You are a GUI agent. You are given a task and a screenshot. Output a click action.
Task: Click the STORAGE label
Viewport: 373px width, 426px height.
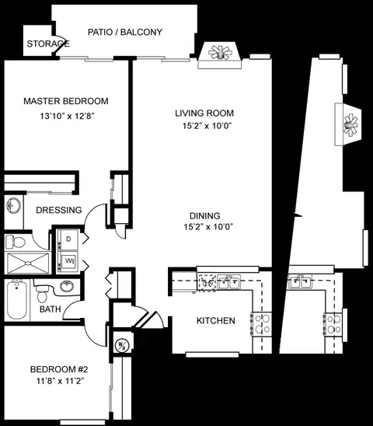point(48,44)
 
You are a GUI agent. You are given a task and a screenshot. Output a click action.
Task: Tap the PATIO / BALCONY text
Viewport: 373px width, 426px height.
point(125,32)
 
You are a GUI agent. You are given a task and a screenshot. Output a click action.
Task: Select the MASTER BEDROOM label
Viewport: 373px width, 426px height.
point(66,101)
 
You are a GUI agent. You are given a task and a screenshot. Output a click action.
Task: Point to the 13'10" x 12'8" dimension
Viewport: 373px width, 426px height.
point(67,116)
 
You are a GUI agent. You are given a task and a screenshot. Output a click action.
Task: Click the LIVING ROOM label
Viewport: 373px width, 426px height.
point(204,113)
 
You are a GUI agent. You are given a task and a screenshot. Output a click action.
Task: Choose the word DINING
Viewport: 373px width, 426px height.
point(205,215)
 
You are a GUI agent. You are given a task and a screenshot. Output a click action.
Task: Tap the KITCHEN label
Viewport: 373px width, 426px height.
point(216,320)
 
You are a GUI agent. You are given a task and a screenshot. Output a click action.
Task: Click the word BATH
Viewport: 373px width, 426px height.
point(51,309)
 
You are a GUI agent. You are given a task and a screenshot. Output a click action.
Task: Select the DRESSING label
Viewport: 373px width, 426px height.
point(59,210)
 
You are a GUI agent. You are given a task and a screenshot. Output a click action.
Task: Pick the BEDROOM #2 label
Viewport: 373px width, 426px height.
point(59,369)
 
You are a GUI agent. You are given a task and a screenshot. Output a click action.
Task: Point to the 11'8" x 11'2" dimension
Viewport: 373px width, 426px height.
point(60,381)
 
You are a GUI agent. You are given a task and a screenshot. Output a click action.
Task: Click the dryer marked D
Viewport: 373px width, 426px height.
point(68,239)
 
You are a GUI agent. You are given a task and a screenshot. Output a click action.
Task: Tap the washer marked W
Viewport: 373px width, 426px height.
point(68,261)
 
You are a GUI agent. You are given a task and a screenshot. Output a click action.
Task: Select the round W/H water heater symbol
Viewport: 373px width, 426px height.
point(121,345)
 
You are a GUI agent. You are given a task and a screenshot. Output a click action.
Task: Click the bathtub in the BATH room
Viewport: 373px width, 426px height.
point(16,300)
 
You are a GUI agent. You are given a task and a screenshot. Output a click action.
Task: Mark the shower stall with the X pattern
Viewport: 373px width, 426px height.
point(28,263)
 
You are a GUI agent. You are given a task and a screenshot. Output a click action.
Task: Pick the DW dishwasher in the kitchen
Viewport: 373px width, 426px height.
point(207,283)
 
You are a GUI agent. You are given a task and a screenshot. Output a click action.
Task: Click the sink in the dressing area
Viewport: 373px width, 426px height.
point(13,206)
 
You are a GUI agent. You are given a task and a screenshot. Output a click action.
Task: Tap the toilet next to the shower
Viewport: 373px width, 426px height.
point(16,242)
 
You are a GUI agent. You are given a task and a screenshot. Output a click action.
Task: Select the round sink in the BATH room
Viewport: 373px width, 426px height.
point(67,286)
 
